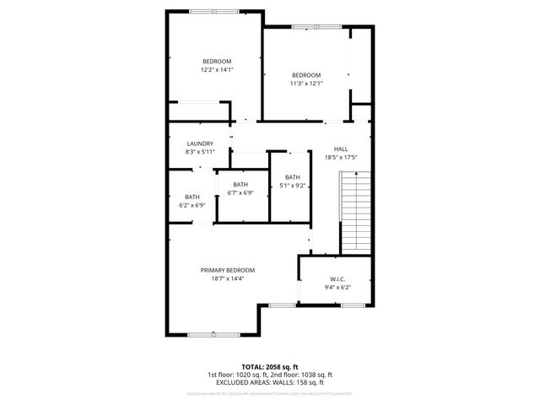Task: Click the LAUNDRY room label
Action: pyautogui.click(x=200, y=143)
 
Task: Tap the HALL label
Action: pyautogui.click(x=341, y=148)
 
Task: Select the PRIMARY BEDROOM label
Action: pyautogui.click(x=227, y=270)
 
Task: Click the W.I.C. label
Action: pyautogui.click(x=337, y=278)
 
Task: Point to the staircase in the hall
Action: pyautogui.click(x=355, y=211)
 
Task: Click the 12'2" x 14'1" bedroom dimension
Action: pyautogui.click(x=217, y=70)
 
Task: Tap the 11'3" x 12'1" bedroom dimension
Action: pyautogui.click(x=306, y=83)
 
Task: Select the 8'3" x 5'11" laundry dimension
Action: pyautogui.click(x=200, y=152)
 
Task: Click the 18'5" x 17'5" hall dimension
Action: pyautogui.click(x=341, y=157)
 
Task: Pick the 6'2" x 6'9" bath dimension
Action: pyautogui.click(x=192, y=205)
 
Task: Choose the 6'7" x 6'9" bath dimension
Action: pyautogui.click(x=240, y=192)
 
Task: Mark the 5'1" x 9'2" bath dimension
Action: pyautogui.click(x=292, y=186)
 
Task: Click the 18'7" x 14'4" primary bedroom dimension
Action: pyautogui.click(x=227, y=278)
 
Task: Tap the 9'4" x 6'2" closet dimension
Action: pyautogui.click(x=337, y=287)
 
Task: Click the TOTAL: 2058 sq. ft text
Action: pyautogui.click(x=270, y=366)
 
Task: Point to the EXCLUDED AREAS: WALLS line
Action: pyautogui.click(x=270, y=382)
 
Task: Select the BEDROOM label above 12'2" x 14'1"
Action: pyautogui.click(x=217, y=62)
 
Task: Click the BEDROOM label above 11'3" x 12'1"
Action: pyautogui.click(x=306, y=74)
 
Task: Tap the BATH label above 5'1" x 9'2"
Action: pyautogui.click(x=292, y=177)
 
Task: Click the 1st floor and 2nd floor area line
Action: pyautogui.click(x=270, y=375)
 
